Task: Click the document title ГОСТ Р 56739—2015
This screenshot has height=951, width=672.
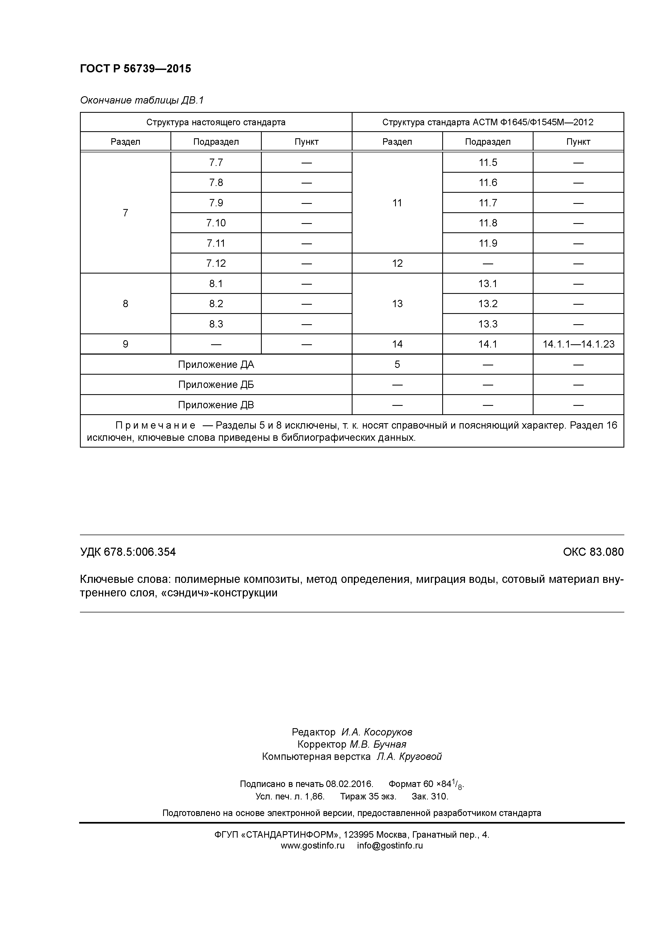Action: click(x=135, y=69)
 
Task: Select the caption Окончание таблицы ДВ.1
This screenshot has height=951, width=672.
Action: click(x=142, y=100)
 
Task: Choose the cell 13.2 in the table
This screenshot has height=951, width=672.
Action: click(x=488, y=304)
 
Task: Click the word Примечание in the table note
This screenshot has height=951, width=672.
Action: click(x=155, y=425)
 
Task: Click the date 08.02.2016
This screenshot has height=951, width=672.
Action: click(x=350, y=784)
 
